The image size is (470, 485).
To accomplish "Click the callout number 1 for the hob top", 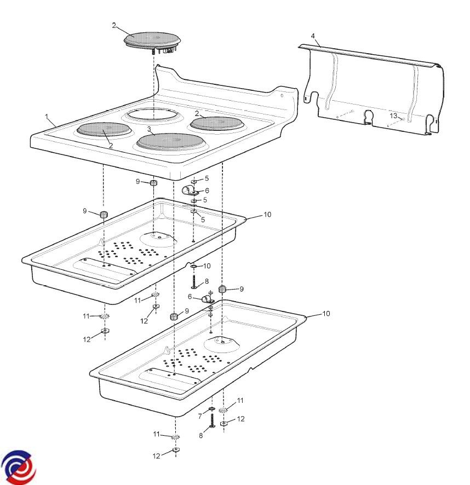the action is coord(47,117).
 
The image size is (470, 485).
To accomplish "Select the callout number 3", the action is coord(149,129).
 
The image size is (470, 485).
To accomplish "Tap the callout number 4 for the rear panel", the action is coord(313,36).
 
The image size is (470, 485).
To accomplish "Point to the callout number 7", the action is coord(200,417).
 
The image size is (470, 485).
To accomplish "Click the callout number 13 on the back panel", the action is coord(393,116).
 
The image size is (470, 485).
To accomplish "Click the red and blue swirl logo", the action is coord(18,467).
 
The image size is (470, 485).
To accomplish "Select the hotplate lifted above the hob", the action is coord(152,42).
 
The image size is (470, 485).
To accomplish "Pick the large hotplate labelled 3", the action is coord(171,142).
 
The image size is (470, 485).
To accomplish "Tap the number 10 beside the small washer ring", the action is coord(207,265).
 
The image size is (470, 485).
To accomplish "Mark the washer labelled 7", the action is coord(211,409).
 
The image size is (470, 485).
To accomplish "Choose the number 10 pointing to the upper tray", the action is coord(267,215).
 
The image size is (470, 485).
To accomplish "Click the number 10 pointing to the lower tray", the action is coord(326,313).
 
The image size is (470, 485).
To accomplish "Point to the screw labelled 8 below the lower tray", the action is coord(212,420).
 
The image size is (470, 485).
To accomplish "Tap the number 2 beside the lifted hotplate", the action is coord(114,25).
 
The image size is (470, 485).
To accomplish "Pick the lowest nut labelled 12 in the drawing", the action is coord(176,449).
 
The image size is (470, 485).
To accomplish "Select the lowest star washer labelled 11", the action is coord(175,437).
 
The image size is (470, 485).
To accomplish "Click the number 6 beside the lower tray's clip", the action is coord(190,297).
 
